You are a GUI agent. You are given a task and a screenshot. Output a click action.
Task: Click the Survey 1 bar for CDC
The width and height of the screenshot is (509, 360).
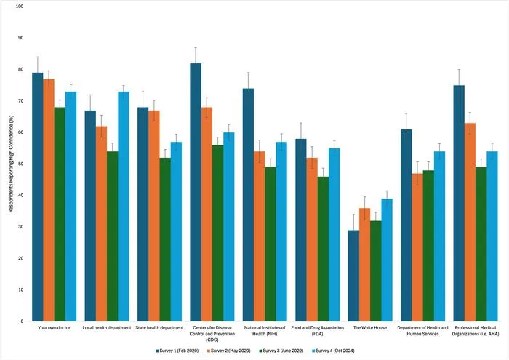[196, 192]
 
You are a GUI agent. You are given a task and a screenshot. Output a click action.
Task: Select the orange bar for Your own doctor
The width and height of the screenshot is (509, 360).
[49, 200]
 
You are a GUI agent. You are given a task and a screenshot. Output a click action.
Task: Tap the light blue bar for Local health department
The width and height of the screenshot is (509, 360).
[124, 207]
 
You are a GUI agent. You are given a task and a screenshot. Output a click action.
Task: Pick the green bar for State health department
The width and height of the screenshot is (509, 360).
[165, 239]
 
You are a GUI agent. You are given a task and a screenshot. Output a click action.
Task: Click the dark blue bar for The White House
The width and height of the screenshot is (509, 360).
[353, 276]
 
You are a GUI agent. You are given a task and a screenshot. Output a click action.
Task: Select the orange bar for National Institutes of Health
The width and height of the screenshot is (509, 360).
[260, 236]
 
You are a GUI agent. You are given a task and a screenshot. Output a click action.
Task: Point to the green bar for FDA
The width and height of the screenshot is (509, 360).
[323, 249]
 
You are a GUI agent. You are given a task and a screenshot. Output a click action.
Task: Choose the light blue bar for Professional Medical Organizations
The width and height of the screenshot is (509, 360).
[492, 236]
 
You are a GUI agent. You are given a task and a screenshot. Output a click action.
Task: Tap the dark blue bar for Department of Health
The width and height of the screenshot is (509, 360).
[406, 225]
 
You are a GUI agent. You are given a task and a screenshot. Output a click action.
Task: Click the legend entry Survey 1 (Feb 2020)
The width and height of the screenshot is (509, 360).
[177, 351]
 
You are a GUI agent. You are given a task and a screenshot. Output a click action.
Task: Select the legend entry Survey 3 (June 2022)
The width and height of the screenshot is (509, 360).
[281, 351]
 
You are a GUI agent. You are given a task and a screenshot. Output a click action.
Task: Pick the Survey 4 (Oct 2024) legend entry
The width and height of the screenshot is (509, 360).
[333, 351]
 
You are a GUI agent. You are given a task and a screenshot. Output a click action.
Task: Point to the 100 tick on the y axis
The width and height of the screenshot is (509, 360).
[20, 6]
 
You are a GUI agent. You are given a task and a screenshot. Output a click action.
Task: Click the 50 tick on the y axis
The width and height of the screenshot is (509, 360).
[21, 164]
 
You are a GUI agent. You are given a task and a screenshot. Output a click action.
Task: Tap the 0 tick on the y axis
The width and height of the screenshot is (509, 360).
[22, 321]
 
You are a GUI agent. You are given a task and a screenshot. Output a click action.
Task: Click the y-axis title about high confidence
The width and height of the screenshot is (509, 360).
[11, 164]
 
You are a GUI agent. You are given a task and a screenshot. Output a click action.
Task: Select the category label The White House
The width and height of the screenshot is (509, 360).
[370, 328]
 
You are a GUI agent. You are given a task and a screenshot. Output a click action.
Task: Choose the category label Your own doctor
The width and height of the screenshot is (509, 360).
[55, 328]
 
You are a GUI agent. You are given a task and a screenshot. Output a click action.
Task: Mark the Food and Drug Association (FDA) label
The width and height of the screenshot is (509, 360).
[318, 331]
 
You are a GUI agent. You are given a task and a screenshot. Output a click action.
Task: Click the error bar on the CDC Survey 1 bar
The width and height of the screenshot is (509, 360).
[196, 55]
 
